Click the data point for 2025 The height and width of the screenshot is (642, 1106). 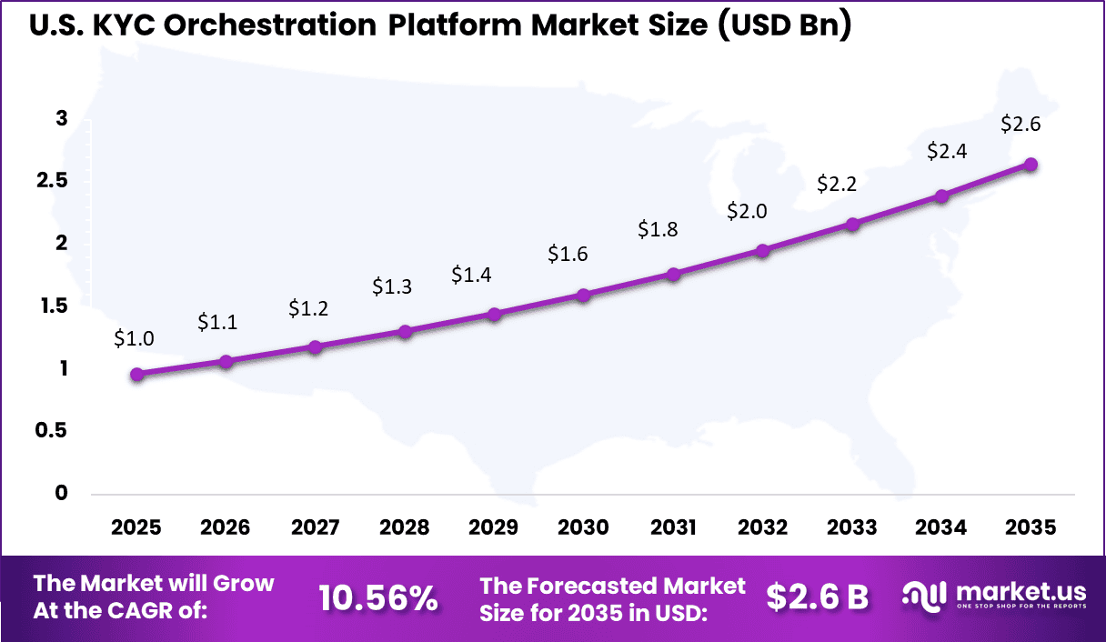(137, 374)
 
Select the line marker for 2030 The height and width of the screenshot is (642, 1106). (584, 295)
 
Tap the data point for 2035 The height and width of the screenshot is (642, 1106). (1031, 165)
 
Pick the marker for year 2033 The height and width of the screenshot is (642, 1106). (852, 224)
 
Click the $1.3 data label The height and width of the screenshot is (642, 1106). (392, 287)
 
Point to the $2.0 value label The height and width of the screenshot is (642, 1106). (747, 212)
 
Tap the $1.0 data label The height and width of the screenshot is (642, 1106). (134, 338)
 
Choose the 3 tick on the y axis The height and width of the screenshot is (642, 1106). (61, 118)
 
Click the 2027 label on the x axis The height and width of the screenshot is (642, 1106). (316, 528)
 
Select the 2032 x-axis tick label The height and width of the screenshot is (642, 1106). (762, 528)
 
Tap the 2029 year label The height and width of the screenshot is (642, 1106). (494, 528)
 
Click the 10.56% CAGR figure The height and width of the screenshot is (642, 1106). (378, 597)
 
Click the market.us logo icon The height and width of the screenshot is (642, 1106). (924, 596)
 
